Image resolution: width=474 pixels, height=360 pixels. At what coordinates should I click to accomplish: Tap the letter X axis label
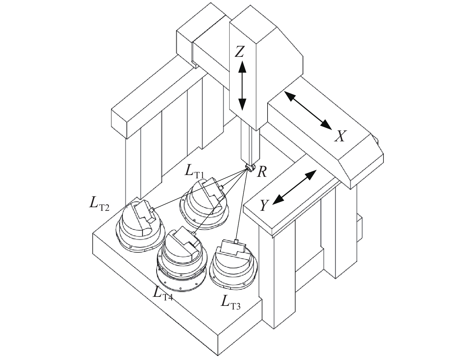(x=340, y=136)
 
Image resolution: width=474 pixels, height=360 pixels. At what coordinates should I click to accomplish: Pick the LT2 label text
(x=99, y=204)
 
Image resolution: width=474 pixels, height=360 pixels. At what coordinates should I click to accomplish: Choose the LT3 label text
(x=231, y=303)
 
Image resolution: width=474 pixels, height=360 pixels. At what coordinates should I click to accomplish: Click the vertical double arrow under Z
(x=242, y=86)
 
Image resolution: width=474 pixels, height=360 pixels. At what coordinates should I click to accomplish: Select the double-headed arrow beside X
(x=308, y=110)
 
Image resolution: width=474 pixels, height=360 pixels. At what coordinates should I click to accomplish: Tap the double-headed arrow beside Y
(x=295, y=187)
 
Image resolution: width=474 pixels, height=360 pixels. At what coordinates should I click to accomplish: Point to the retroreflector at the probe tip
(x=250, y=168)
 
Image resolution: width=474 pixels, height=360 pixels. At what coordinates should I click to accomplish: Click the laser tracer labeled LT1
(x=204, y=204)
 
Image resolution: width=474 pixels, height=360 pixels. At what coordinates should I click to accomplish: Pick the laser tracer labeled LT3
(x=234, y=263)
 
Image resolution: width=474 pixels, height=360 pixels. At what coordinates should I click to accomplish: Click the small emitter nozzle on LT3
(x=236, y=242)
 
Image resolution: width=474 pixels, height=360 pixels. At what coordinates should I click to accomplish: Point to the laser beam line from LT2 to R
(x=200, y=189)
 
